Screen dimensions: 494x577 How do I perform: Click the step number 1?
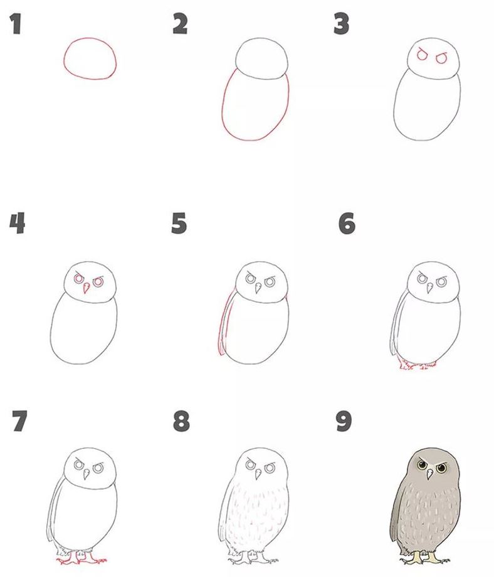(x=16, y=24)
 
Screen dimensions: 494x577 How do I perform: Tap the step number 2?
(x=180, y=24)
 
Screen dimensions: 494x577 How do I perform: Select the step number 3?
(x=341, y=24)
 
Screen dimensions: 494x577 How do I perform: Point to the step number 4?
(x=17, y=223)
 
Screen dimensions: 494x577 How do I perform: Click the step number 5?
(x=179, y=223)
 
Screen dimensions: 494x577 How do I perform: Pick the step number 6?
(x=347, y=223)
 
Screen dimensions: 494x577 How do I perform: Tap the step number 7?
(x=19, y=421)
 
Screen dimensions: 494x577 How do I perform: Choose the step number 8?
(x=181, y=421)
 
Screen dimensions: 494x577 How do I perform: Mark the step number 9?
(x=344, y=421)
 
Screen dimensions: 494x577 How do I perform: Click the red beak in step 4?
(x=86, y=288)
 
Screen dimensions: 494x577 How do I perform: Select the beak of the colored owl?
(x=429, y=475)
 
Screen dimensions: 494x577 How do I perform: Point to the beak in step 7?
(x=87, y=474)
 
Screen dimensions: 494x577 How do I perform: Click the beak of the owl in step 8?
(x=258, y=474)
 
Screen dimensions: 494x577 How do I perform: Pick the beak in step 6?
(x=429, y=288)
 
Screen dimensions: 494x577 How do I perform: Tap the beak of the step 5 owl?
(x=258, y=288)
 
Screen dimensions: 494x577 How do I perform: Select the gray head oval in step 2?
(x=261, y=38)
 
